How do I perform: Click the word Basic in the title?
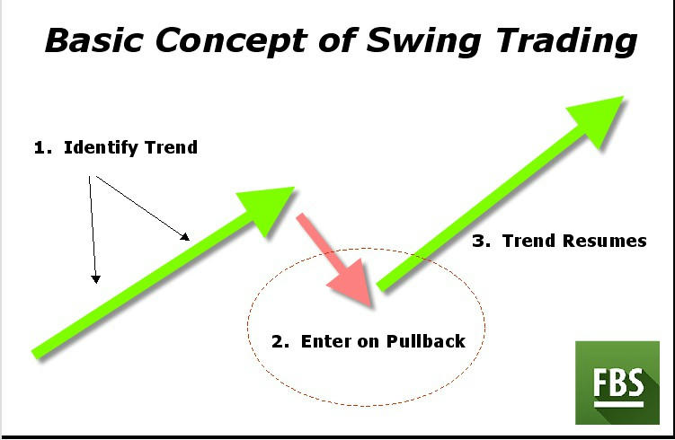click(x=93, y=40)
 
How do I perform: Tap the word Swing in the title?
click(x=423, y=41)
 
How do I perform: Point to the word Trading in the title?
click(x=567, y=41)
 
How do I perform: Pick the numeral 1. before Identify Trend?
click(x=43, y=148)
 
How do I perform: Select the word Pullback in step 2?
click(x=426, y=341)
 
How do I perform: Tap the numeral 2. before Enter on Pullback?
click(x=280, y=341)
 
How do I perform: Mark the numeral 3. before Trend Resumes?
click(x=481, y=241)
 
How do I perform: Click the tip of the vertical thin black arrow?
click(x=95, y=283)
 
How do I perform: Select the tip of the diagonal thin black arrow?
click(x=189, y=240)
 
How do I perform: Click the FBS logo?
click(x=617, y=383)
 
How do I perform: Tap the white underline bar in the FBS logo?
click(x=618, y=404)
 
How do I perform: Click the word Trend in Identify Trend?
click(x=172, y=147)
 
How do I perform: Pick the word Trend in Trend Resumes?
click(x=529, y=241)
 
